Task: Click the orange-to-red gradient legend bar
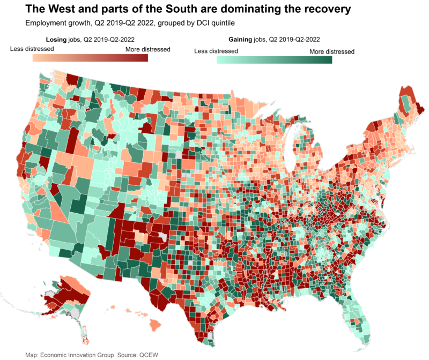point(90,58)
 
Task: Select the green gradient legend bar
point(274,59)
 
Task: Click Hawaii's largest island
point(158,325)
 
